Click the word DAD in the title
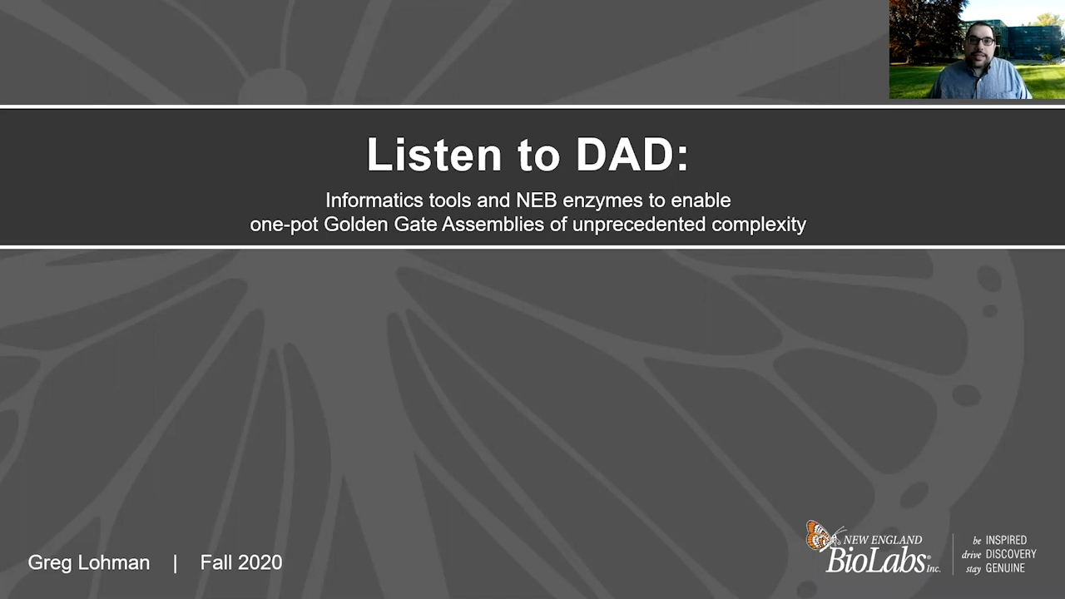[626, 155]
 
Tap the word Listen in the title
[434, 155]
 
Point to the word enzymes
[603, 201]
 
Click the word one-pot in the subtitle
[284, 225]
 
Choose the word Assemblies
[493, 224]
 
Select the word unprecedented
[638, 225]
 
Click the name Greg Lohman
[89, 563]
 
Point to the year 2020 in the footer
[260, 563]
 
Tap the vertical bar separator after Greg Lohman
[176, 563]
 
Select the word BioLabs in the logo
[877, 560]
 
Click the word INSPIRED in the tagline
[1006, 540]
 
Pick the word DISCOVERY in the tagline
[1011, 554]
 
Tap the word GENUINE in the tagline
[1005, 568]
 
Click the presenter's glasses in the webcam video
[981, 41]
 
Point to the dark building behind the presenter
[1032, 42]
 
